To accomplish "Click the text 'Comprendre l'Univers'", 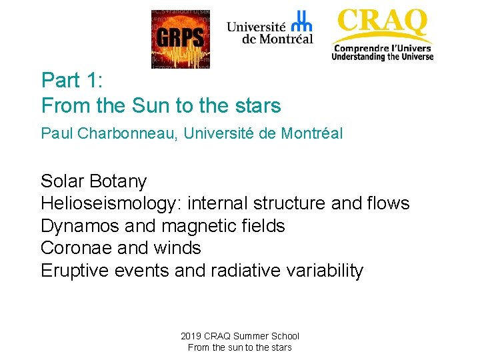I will [x=383, y=47].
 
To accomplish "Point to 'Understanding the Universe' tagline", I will [x=383, y=57].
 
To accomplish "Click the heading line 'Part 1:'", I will [x=72, y=81].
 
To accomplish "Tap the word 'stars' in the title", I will [x=257, y=105].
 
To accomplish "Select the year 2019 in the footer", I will [x=192, y=336].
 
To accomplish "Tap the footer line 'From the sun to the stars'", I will [x=240, y=347].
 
